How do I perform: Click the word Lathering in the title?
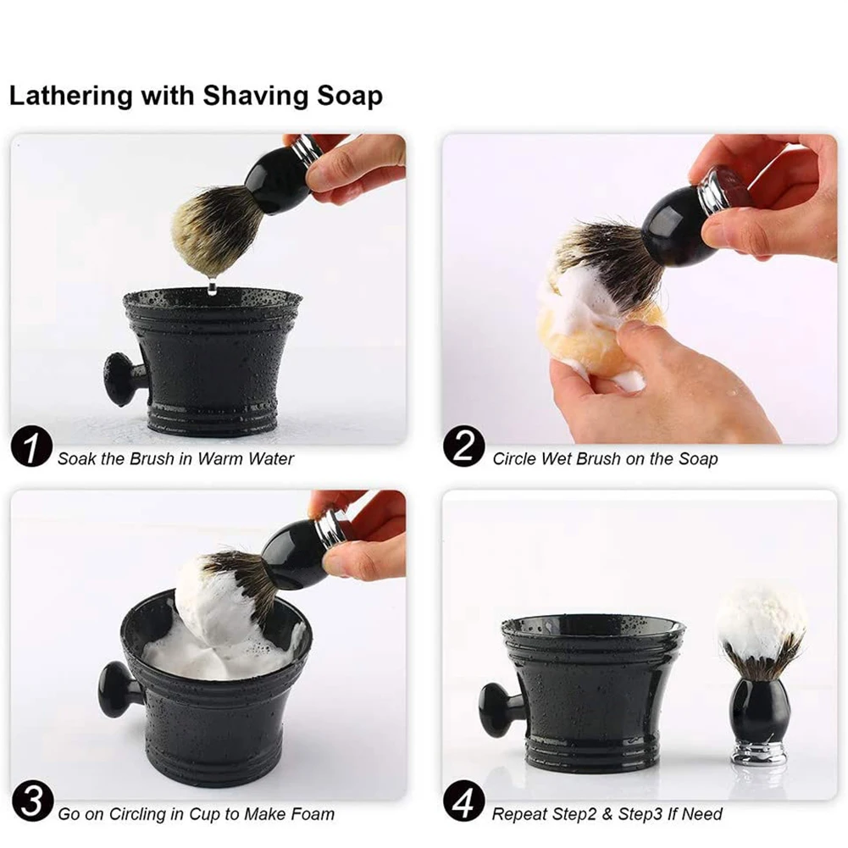coord(71,97)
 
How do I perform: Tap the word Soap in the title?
coord(350,95)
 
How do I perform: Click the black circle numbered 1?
coord(31,447)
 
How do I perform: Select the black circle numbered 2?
coord(463,447)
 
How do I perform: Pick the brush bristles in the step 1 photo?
coord(211,227)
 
